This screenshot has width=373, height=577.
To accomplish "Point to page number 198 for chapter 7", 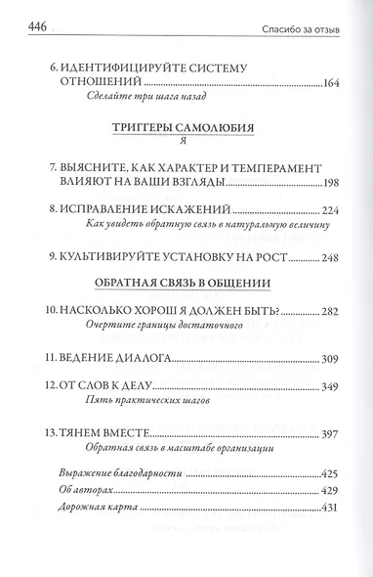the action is (326, 184).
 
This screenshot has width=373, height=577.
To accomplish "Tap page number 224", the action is (326, 209).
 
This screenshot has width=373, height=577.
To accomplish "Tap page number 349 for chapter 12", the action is (326, 388).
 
